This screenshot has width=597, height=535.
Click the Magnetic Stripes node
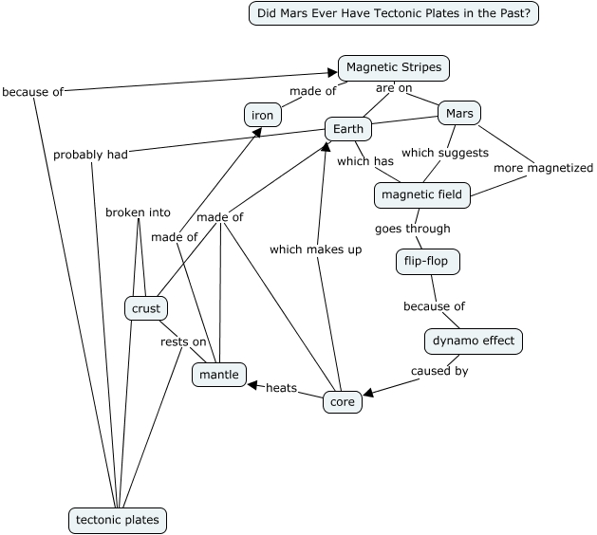point(394,68)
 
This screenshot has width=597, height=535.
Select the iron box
point(262,116)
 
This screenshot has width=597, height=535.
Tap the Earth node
point(348,128)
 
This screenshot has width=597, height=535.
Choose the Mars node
point(458,114)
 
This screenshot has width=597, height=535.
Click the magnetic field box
point(421,195)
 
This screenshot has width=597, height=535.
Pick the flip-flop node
point(426,261)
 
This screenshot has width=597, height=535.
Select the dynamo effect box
point(474,341)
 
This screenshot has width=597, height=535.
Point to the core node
point(342,402)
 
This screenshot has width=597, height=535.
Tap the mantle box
point(220,375)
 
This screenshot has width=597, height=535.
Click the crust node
point(145,308)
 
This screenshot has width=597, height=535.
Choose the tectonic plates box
point(118,520)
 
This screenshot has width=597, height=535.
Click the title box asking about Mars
point(394,13)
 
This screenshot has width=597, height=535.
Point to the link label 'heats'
point(281,387)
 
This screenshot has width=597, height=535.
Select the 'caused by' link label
point(439,371)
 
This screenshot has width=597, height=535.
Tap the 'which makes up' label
point(315,249)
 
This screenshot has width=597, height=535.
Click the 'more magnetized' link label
point(541,169)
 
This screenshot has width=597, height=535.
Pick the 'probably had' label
point(90,155)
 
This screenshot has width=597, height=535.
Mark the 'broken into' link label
point(138,212)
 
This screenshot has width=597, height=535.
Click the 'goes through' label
point(412,229)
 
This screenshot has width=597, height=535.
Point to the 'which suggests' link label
point(445,153)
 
